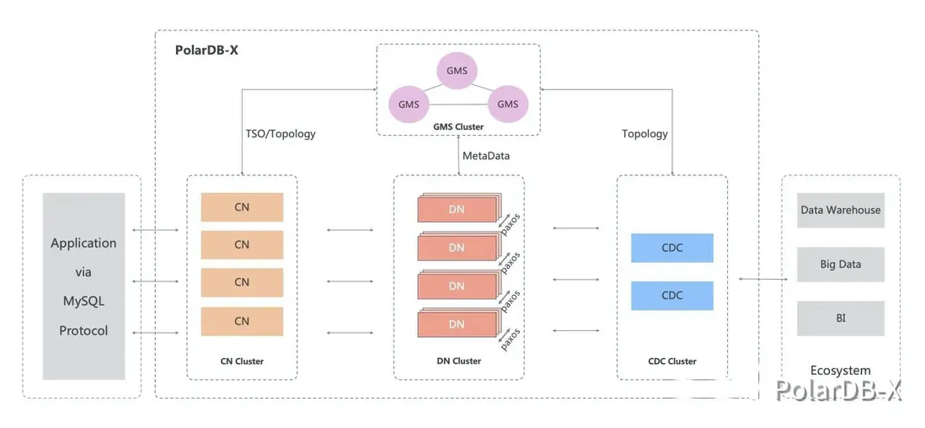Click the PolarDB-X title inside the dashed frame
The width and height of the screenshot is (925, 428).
tap(207, 51)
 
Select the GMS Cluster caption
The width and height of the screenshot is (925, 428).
tap(458, 126)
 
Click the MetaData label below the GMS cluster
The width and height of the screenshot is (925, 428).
tap(486, 156)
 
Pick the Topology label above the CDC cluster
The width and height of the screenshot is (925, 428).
tap(644, 134)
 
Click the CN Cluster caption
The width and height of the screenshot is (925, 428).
tap(241, 361)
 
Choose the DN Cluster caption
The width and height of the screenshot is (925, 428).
tap(458, 361)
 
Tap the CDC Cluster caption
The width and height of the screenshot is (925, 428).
tap(671, 361)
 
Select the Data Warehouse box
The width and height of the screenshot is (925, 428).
tap(840, 211)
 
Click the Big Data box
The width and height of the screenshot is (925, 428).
tap(840, 265)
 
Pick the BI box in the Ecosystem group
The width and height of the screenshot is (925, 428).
tap(840, 318)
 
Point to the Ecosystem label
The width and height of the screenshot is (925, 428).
tap(840, 371)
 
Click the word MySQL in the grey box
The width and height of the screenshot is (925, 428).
tap(83, 301)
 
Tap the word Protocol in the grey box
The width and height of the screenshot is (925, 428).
tap(83, 331)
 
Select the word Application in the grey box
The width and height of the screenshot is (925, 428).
tap(83, 243)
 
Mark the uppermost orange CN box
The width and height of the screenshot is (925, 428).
tap(242, 207)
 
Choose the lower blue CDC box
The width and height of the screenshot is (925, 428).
tap(671, 296)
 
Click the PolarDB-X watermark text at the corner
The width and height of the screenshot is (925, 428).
tap(838, 389)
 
